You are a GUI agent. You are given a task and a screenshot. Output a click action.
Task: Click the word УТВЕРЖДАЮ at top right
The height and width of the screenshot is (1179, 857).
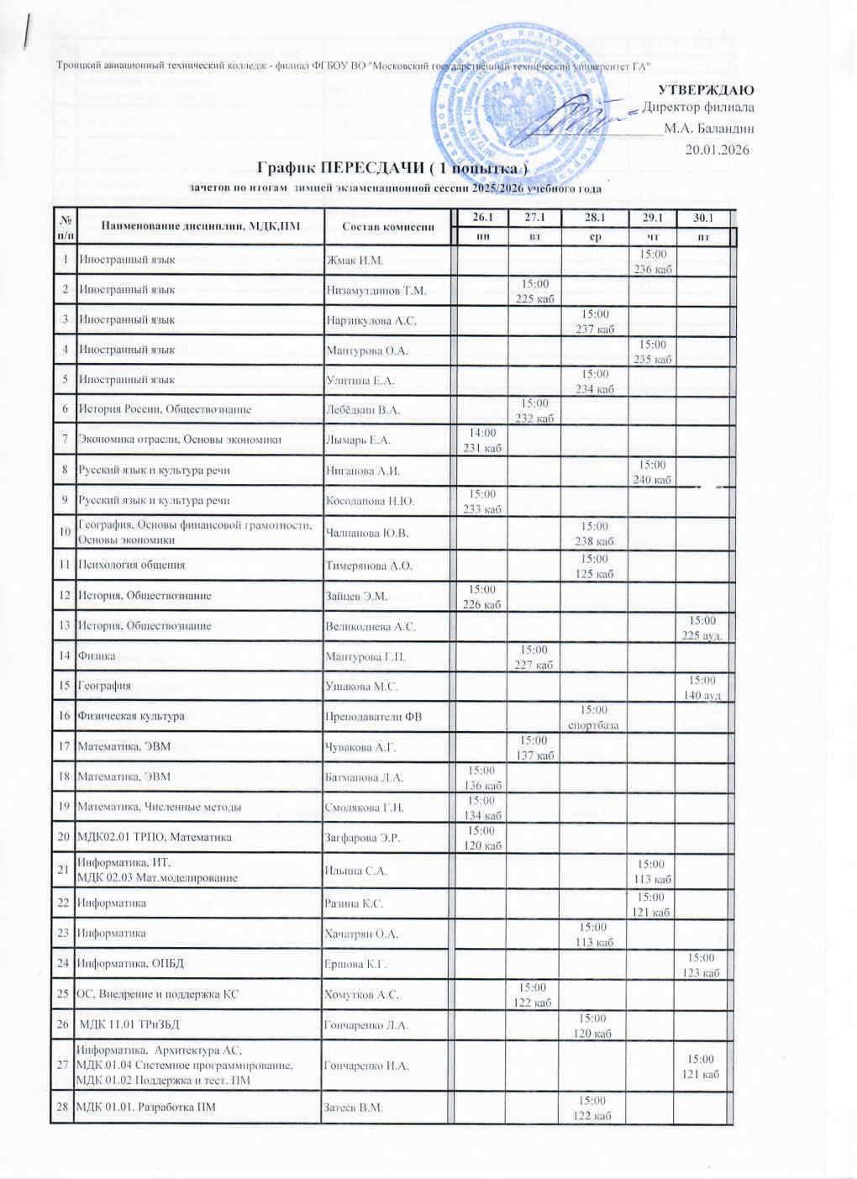click(x=705, y=90)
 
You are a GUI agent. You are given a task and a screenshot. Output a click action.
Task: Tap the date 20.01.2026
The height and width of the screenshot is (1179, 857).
click(x=717, y=150)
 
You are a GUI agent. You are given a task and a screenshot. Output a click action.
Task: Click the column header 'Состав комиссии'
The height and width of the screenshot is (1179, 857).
click(x=387, y=226)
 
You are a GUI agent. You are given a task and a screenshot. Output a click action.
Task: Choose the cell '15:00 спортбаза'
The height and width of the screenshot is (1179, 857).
click(x=594, y=717)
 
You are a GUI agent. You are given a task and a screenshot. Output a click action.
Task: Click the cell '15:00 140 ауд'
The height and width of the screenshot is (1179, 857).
click(x=702, y=687)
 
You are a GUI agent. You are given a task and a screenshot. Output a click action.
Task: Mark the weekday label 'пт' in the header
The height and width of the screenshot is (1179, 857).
click(x=703, y=239)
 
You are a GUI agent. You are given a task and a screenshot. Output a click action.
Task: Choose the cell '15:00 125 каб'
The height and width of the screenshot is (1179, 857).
click(x=594, y=566)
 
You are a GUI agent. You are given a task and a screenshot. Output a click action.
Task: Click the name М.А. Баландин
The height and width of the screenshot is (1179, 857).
click(x=708, y=129)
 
